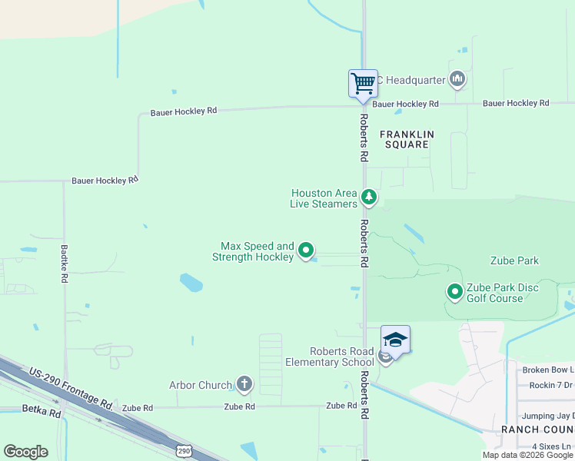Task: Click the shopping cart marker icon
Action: coord(363,82)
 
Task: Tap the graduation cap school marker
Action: coord(395,340)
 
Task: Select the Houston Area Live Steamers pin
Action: coord(370,198)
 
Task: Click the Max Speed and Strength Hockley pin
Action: coord(306,250)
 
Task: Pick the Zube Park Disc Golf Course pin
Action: coord(455,292)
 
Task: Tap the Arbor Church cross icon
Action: coord(244,384)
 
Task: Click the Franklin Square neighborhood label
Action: coord(407,139)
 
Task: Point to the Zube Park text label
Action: coord(514,261)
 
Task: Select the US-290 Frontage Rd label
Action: coord(71,388)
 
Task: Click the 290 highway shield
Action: coord(183,449)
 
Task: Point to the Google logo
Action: coord(25,452)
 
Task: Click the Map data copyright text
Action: coord(528,455)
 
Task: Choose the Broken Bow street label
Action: coord(547,370)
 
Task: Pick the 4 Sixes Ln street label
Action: coord(553,446)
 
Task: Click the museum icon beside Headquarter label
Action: coord(458,78)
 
